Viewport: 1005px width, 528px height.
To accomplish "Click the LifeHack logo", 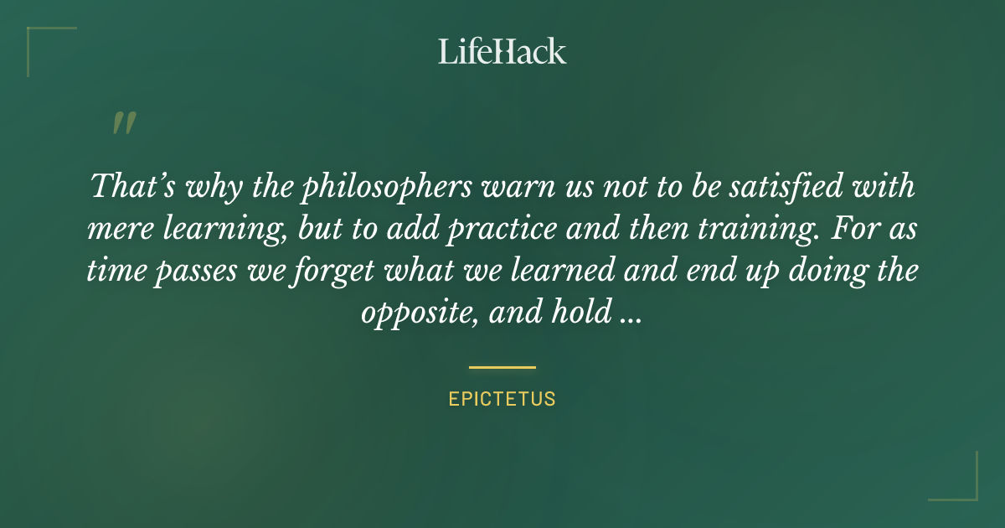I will (x=502, y=51).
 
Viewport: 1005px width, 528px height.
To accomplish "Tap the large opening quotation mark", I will (x=123, y=123).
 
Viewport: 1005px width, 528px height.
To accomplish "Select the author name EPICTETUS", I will (x=502, y=399).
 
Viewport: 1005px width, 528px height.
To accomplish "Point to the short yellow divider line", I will (x=502, y=367).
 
